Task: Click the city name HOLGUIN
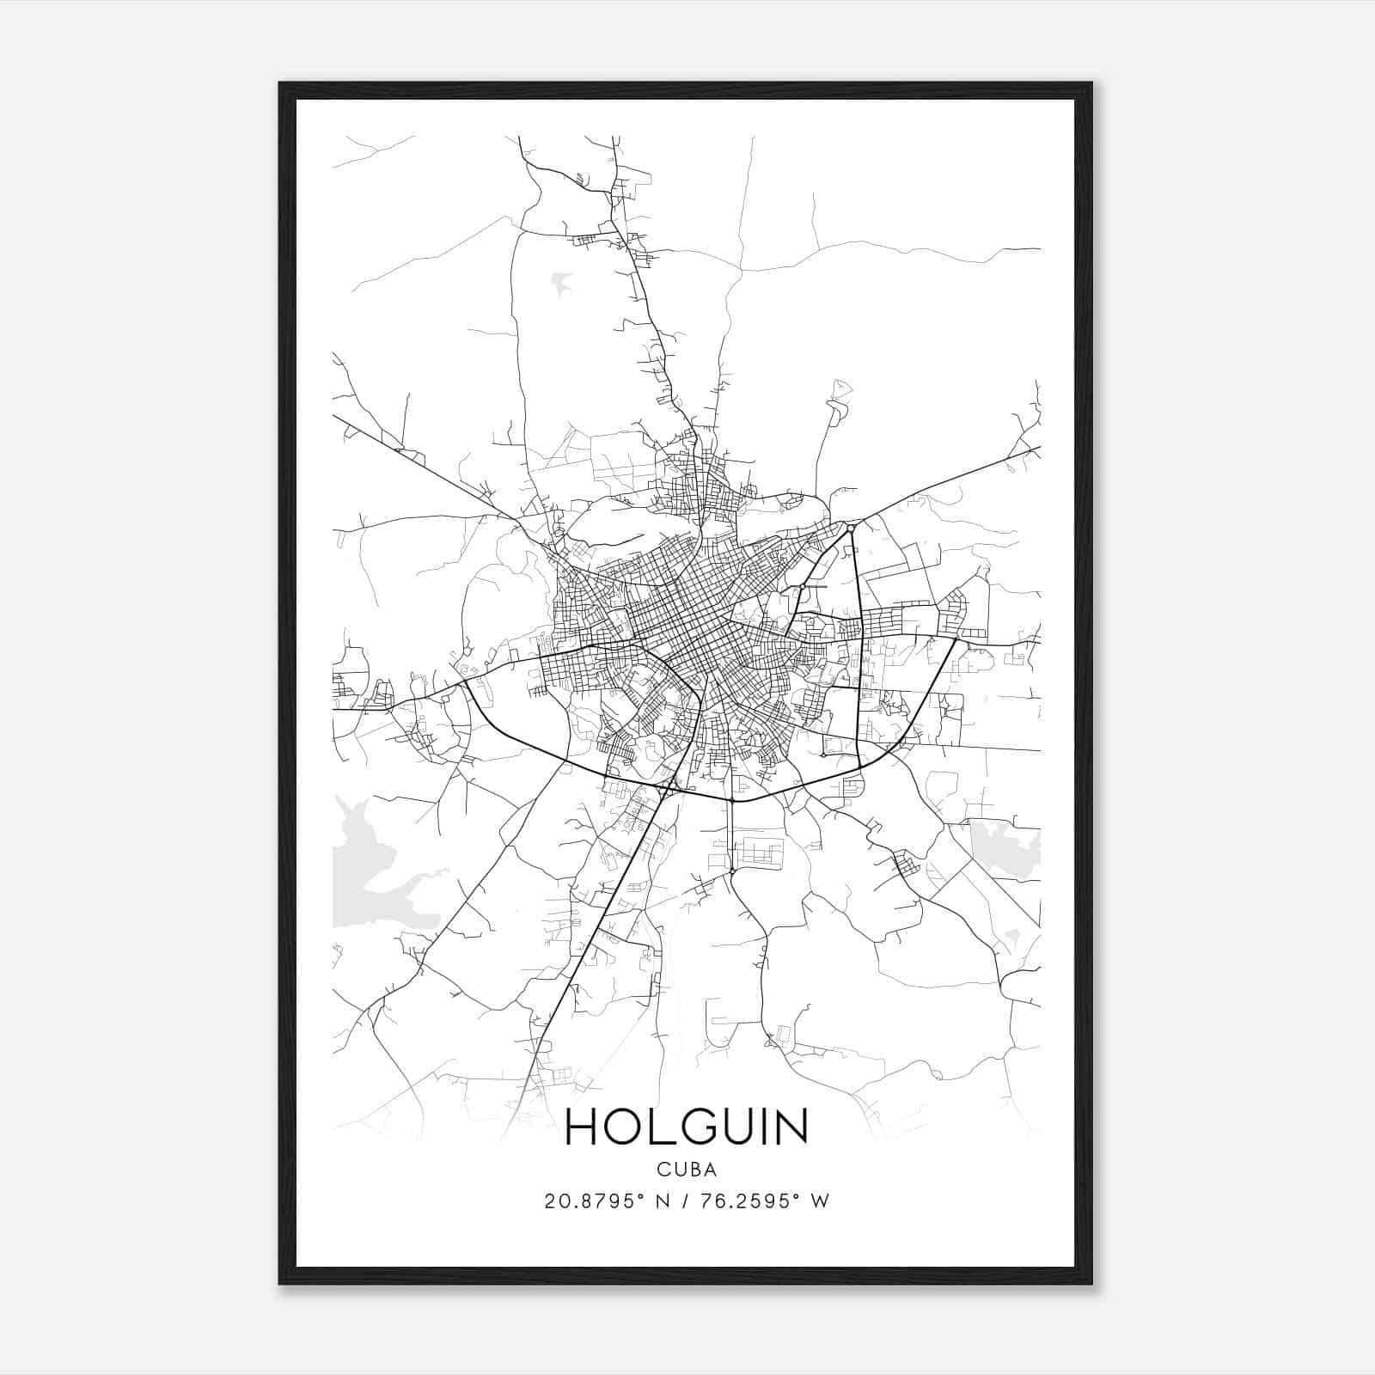click(x=687, y=1127)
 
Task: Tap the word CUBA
click(x=687, y=1169)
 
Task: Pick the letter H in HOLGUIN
click(x=583, y=1127)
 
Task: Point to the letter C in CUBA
click(x=663, y=1169)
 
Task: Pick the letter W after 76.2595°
click(x=821, y=1201)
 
